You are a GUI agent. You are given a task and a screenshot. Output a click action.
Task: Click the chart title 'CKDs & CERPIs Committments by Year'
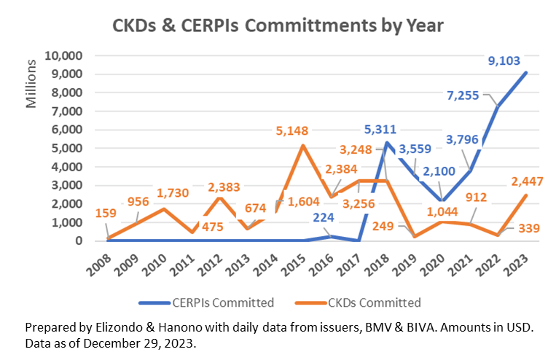[278, 25]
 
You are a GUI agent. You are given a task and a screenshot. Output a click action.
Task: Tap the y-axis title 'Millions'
[31, 84]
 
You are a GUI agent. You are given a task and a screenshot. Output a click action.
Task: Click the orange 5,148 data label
[291, 131]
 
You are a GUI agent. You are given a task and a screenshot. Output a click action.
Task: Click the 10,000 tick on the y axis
[64, 55]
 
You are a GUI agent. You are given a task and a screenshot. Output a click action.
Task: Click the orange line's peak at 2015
[303, 146]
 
